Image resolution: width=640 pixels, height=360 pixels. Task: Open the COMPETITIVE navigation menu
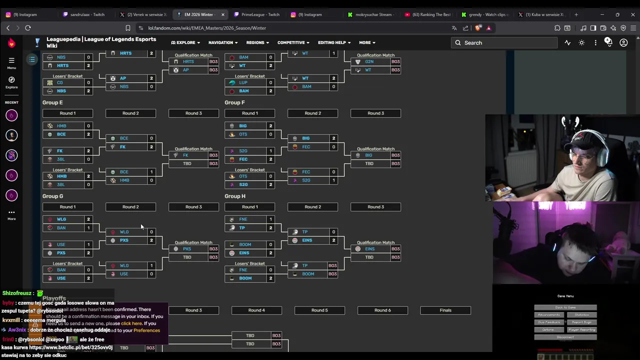click(x=293, y=43)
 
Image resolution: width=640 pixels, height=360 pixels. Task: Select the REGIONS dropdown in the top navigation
click(x=257, y=43)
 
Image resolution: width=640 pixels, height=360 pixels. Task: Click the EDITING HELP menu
click(x=334, y=43)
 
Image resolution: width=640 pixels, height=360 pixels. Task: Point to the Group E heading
click(x=52, y=102)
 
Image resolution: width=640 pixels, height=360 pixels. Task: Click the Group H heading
click(x=235, y=196)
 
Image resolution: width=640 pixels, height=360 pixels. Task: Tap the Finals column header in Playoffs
click(x=445, y=310)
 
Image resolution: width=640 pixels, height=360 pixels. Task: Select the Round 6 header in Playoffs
click(x=382, y=310)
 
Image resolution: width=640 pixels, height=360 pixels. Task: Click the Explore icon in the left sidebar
click(x=11, y=82)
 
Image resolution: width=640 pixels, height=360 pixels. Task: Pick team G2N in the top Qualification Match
click(x=369, y=61)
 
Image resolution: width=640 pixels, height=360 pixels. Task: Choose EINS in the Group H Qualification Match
click(x=369, y=249)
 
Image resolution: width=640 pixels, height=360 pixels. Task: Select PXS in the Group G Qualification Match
click(x=187, y=249)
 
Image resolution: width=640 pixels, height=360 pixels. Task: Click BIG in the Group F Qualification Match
click(x=368, y=155)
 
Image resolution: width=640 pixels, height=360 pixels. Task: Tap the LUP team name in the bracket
click(x=243, y=82)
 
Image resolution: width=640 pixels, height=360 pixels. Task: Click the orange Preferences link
click(x=146, y=330)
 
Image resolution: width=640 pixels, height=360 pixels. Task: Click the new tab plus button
click(x=576, y=14)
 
